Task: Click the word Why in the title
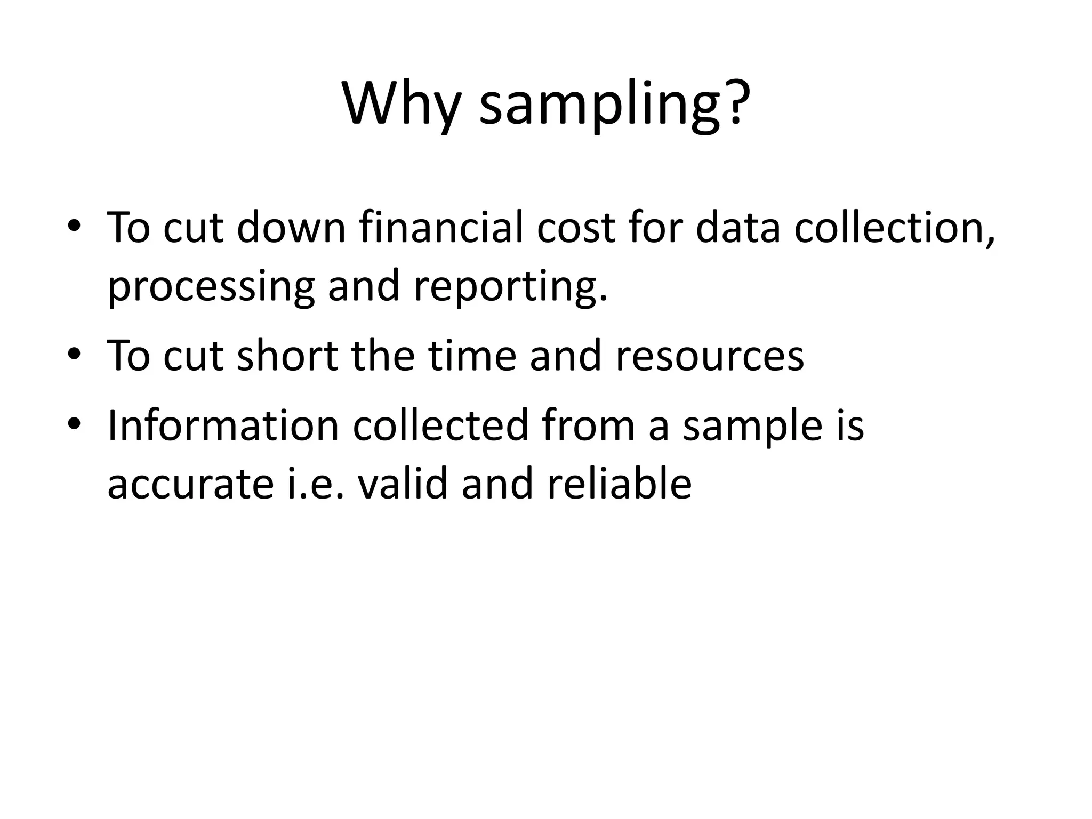click(401, 104)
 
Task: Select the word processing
click(211, 286)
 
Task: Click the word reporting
click(510, 286)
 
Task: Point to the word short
click(287, 355)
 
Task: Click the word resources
click(710, 355)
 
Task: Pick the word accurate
click(190, 484)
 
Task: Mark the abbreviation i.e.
click(317, 483)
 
